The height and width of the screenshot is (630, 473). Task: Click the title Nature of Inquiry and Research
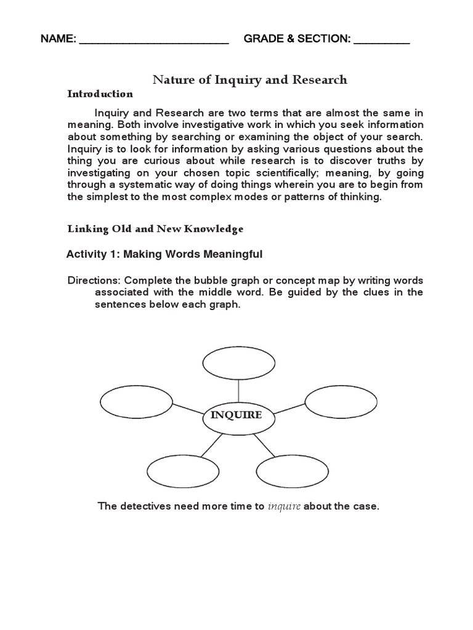[x=250, y=80]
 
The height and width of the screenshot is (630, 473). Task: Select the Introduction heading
[x=100, y=94]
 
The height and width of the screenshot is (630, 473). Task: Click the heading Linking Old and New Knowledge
[x=155, y=229]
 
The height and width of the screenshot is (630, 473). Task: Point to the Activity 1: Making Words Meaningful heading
[x=164, y=254]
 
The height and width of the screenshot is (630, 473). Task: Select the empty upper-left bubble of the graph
[x=137, y=403]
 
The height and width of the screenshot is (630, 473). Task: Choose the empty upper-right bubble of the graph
[x=341, y=403]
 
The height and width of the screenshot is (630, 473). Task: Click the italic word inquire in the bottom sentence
[x=284, y=507]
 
